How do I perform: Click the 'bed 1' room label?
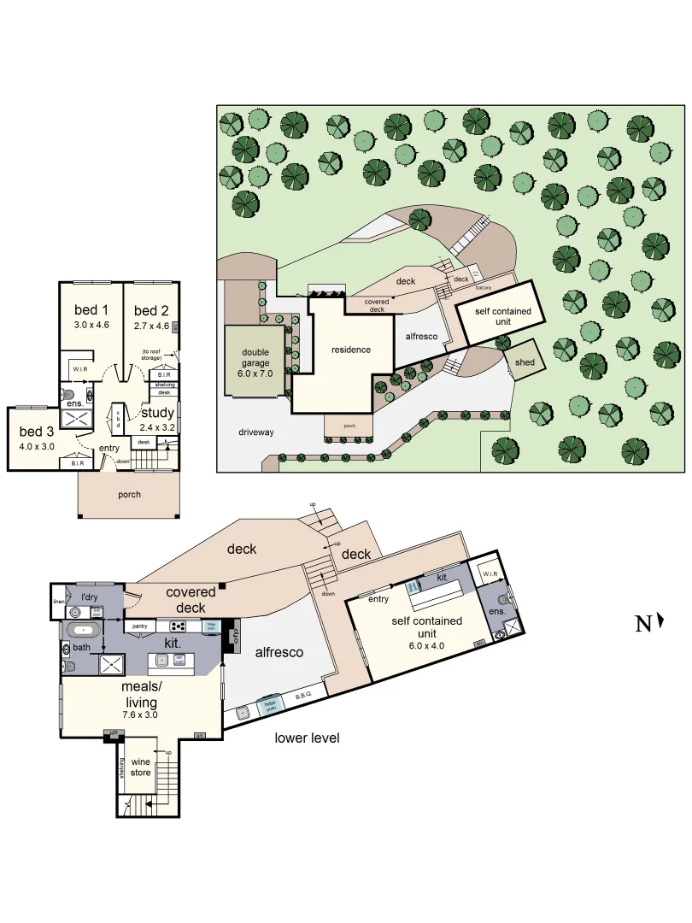point(91,310)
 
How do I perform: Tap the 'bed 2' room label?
point(151,310)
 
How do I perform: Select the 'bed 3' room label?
point(36,431)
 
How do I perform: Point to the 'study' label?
point(157,414)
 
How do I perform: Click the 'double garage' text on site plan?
point(255,356)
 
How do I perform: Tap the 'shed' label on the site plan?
point(525,362)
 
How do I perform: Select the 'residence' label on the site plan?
point(351,350)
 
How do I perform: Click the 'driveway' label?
point(256,432)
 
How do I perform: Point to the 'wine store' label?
point(140,767)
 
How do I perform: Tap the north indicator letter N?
point(643,624)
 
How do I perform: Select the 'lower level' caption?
point(307,738)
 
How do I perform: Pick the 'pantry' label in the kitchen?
point(141,626)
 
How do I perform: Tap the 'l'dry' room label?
point(90,596)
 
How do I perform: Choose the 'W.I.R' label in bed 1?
point(81,369)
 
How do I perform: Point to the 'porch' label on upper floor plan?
point(129,494)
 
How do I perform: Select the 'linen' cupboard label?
point(58,602)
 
